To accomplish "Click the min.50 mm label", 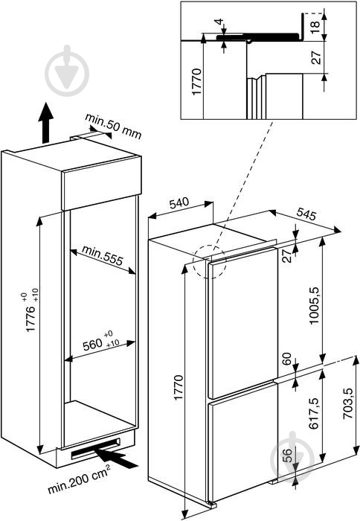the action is (x=113, y=127).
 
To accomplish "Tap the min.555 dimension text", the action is (x=103, y=255).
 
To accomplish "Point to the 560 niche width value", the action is (x=92, y=345).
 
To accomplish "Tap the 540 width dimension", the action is (x=179, y=203).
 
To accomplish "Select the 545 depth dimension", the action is (x=306, y=214).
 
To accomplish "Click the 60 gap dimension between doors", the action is (x=287, y=359).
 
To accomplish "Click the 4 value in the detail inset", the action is (x=219, y=22).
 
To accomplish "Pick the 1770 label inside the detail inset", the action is (x=196, y=81).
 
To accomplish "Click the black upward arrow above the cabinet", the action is (x=45, y=123).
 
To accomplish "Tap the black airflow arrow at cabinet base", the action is (x=115, y=457).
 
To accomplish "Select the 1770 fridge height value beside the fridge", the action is (x=178, y=387).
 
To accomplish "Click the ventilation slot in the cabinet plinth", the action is (x=95, y=448).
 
